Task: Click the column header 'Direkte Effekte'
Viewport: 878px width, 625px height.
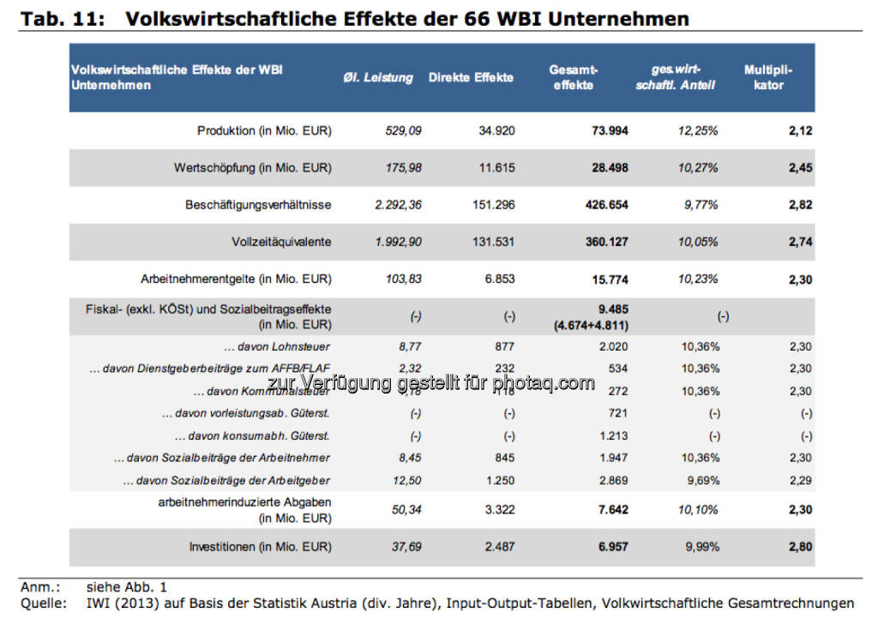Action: coord(471,77)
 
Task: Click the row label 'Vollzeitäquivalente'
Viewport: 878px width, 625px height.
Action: coord(281,242)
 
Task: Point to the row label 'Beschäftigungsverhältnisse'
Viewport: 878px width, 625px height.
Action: coord(258,205)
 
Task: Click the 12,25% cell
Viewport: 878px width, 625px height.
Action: coord(698,131)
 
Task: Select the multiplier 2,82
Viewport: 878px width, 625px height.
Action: coord(799,205)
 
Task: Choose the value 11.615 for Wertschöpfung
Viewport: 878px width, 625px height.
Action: coord(497,168)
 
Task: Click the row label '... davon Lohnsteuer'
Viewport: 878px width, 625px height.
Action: coord(276,346)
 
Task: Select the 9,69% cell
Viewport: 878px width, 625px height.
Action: coord(701,480)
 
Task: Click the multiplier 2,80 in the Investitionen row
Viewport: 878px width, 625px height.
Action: coord(799,546)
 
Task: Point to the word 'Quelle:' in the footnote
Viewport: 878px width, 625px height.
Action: coord(43,604)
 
